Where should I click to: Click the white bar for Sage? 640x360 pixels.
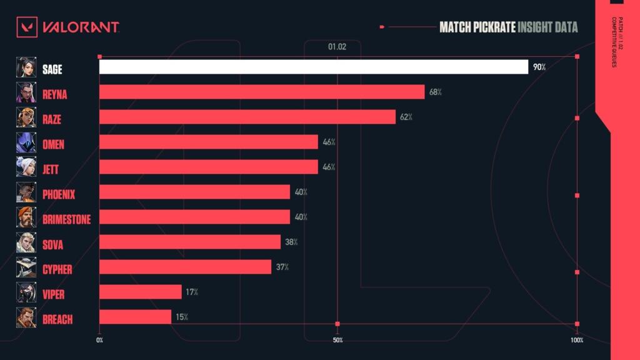click(314, 67)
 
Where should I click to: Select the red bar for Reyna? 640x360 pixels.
click(262, 92)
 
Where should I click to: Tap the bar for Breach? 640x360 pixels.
click(135, 317)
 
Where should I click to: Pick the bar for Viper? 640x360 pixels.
click(141, 292)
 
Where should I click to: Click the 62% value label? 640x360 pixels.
click(406, 117)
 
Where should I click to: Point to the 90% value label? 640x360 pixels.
click(539, 67)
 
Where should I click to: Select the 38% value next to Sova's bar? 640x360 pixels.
click(291, 242)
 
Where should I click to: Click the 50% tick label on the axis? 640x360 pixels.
click(337, 340)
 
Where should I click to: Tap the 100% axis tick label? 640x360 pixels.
click(577, 340)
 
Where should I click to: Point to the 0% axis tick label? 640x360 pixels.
click(99, 340)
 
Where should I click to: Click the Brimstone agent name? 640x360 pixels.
click(66, 219)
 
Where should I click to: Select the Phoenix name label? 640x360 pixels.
click(59, 195)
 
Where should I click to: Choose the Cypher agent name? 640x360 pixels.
click(57, 269)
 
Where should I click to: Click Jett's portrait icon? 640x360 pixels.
click(26, 167)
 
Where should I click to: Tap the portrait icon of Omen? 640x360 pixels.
click(26, 142)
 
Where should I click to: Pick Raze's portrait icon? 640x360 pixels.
click(26, 117)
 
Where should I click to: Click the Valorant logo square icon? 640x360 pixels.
click(27, 27)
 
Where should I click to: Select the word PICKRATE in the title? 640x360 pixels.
click(494, 27)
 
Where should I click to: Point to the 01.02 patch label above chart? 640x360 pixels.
click(337, 47)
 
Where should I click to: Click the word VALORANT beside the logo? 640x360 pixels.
click(81, 27)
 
